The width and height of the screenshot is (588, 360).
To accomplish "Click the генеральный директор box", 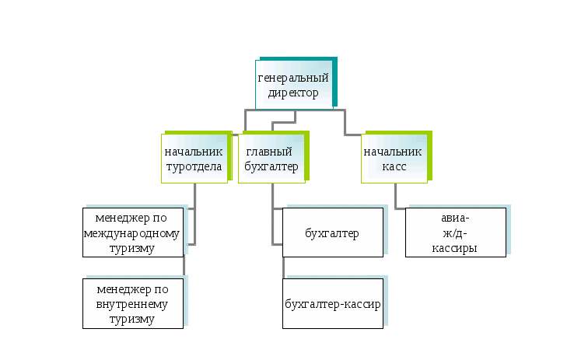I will coord(294,84).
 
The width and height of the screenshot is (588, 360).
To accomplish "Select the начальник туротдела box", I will coord(194,159).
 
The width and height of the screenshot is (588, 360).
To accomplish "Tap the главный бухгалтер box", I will coord(269,159).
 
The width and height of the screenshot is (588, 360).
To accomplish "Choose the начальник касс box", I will coord(394,159).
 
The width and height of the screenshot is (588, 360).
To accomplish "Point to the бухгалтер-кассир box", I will coord(333,302).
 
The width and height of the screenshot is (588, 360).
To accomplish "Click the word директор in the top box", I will coord(293,93).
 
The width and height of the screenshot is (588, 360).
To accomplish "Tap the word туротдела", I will coord(194,166).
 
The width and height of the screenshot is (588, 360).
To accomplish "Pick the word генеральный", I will coord(293,78).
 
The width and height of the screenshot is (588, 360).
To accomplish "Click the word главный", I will coord(269,152).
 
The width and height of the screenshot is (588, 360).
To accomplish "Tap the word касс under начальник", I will coord(394,166).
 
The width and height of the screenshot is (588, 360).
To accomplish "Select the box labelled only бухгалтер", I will coord(333,232).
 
